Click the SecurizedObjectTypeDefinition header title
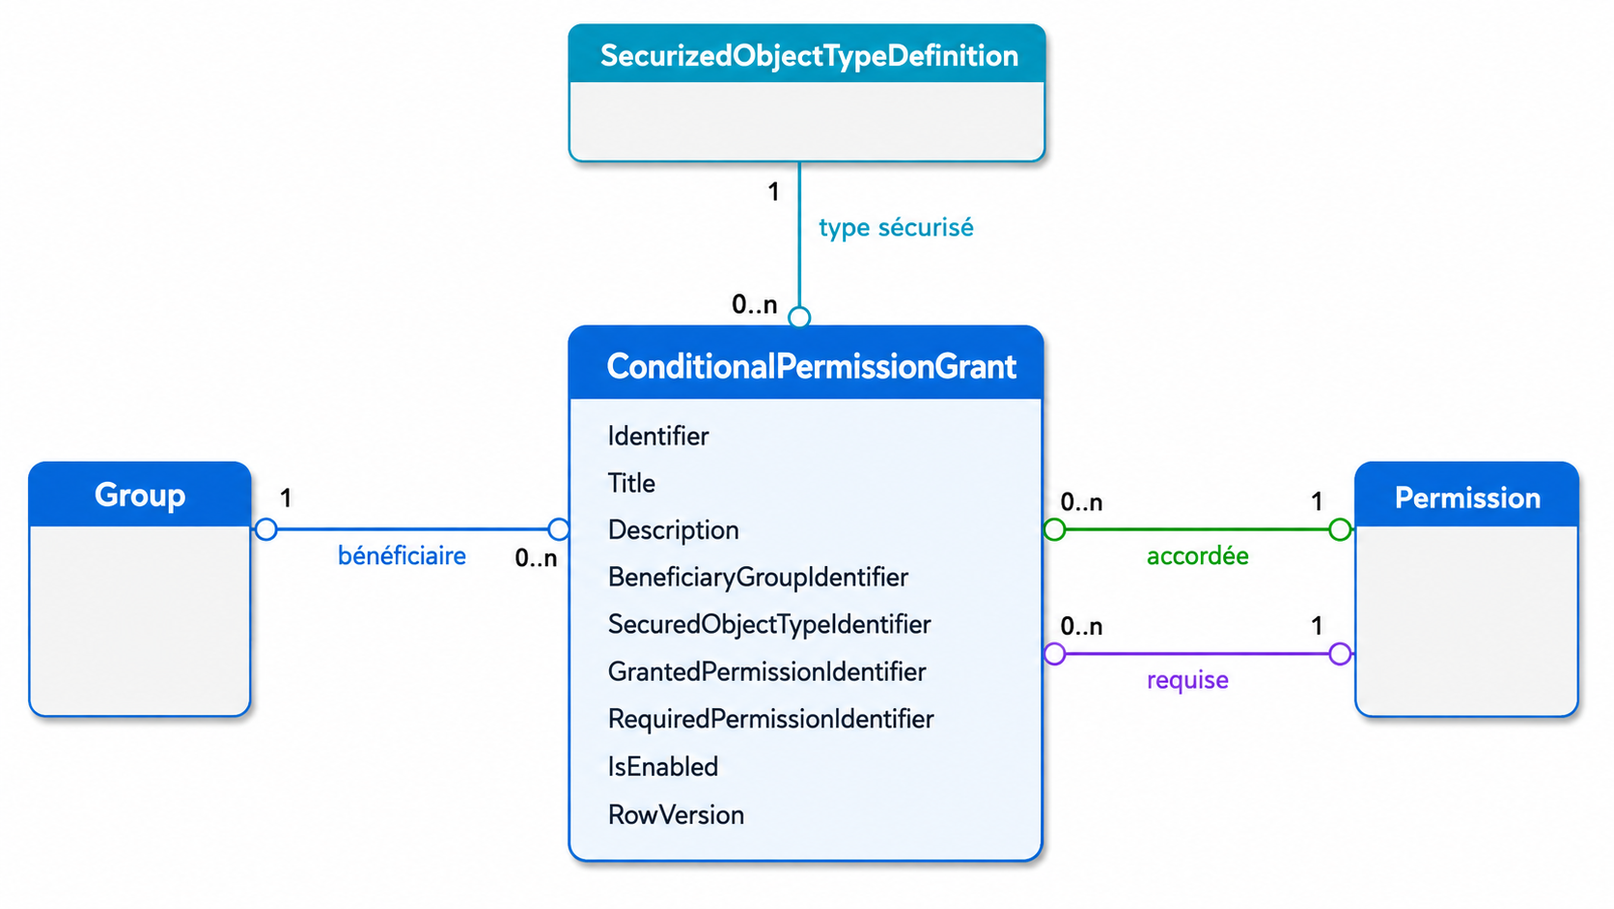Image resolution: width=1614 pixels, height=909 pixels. [809, 56]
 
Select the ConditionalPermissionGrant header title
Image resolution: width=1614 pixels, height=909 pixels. [811, 366]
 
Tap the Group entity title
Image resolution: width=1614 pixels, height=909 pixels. [140, 496]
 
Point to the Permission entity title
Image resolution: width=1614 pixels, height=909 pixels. [1467, 498]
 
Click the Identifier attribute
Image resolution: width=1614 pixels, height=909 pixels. [657, 436]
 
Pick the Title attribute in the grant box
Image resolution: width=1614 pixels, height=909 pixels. [631, 483]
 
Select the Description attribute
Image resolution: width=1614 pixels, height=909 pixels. [673, 530]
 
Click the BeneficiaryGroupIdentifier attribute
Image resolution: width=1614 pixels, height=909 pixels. [758, 578]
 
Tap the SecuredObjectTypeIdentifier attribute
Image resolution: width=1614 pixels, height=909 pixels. [768, 624]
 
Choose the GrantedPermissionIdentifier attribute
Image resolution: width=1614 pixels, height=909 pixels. [766, 671]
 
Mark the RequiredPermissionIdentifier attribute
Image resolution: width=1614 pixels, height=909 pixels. [770, 719]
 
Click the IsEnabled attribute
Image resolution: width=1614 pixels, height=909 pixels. [663, 766]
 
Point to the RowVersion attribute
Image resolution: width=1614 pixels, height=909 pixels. [676, 814]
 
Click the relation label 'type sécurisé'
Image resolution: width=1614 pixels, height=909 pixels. [896, 228]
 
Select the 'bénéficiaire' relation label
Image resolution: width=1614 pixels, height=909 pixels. [403, 555]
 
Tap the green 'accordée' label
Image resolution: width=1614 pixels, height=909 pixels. [1198, 555]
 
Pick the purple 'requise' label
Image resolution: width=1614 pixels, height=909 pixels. [1187, 680]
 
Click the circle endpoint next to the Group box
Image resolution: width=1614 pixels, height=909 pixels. [265, 529]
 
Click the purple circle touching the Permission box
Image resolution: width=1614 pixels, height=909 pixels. [1340, 654]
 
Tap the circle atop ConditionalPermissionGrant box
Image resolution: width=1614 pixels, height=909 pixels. [799, 317]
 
